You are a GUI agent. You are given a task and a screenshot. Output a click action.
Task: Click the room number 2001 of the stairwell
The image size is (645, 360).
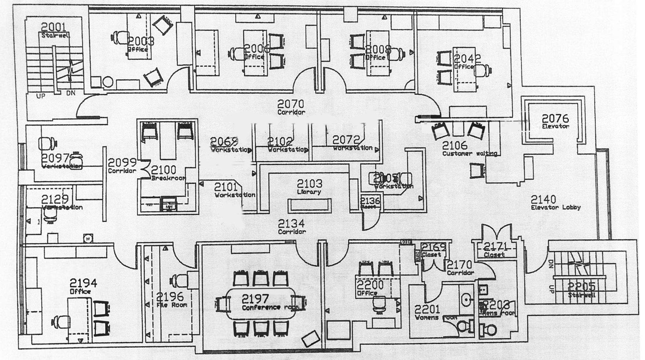53,27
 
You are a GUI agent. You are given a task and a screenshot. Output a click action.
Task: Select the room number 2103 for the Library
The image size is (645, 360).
310,184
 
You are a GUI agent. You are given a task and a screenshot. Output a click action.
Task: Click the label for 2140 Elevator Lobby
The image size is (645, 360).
555,203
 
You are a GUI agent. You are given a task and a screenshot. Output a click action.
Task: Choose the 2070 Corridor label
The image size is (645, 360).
291,107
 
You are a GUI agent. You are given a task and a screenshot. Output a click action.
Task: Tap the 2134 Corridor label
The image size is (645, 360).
292,226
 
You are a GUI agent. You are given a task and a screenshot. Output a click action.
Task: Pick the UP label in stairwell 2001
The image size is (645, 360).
40,96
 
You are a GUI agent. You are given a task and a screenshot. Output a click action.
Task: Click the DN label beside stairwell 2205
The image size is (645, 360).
551,264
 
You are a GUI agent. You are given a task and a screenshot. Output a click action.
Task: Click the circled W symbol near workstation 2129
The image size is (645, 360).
87,239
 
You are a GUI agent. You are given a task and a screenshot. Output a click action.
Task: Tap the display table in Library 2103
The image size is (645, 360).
310,205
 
